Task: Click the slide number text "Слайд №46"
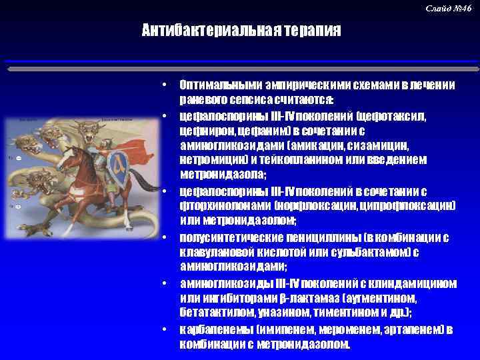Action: click(x=448, y=8)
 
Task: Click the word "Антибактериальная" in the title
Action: click(x=201, y=31)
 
